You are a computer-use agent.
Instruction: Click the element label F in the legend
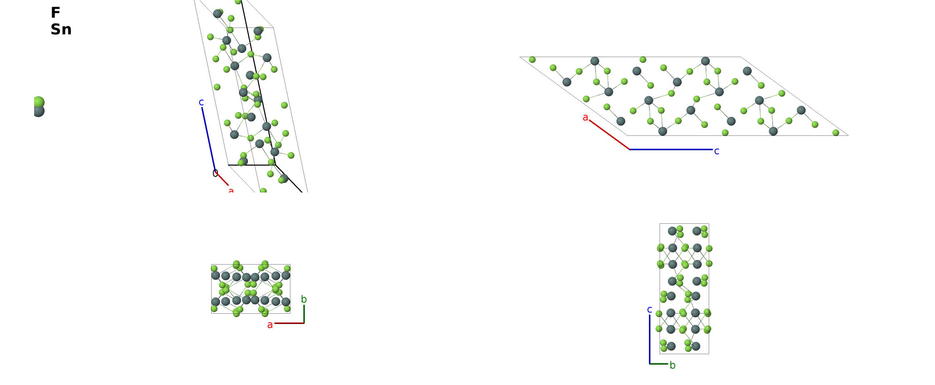pos(55,12)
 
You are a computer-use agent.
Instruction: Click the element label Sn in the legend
pos(61,29)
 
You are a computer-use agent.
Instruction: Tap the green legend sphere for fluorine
pos(39,102)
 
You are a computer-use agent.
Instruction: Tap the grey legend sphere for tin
pos(39,111)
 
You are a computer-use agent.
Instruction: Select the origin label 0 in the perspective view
pos(215,173)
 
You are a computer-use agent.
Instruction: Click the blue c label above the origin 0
pos(201,102)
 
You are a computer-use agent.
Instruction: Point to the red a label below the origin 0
pos(231,190)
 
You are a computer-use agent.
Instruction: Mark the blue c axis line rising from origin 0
pos(209,139)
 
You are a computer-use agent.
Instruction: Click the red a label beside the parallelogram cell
pos(585,117)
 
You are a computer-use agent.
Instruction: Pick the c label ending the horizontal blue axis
pos(717,151)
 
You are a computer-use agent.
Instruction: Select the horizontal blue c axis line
pos(671,149)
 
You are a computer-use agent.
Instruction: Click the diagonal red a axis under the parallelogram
pos(609,135)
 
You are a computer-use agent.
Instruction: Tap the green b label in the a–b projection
pos(304,299)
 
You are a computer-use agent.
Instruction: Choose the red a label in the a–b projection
pos(270,325)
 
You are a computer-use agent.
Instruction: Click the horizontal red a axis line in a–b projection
pos(289,323)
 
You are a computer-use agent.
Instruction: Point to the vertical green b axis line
pos(304,314)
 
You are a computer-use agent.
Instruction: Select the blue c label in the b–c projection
pos(650,310)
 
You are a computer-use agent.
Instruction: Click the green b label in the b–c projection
pos(672,365)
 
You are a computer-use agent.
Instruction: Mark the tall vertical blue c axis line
pos(650,340)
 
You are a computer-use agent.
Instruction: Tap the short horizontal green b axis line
pos(659,364)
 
